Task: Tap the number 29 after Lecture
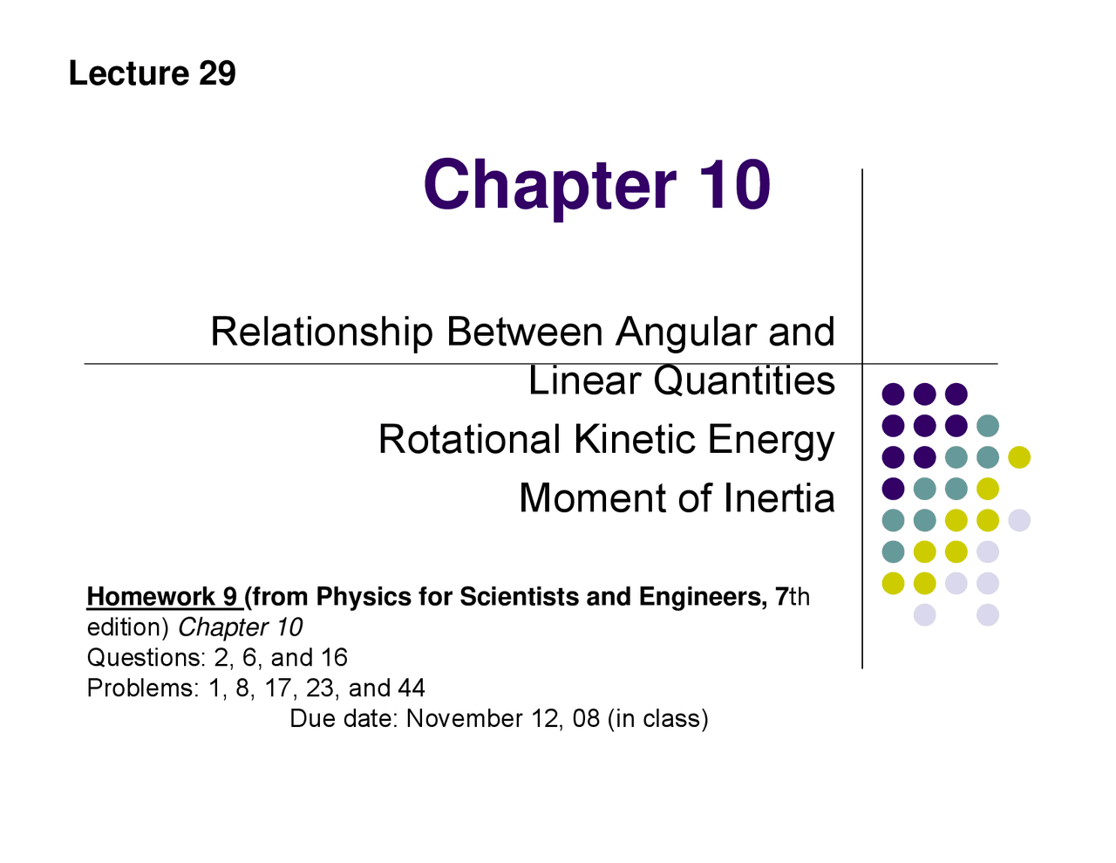(217, 73)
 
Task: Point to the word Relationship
(321, 332)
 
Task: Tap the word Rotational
(469, 440)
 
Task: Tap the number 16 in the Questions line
(334, 658)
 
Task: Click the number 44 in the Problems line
(411, 688)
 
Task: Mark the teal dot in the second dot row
(988, 426)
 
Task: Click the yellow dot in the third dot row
(1019, 457)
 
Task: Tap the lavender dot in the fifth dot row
(1019, 521)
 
